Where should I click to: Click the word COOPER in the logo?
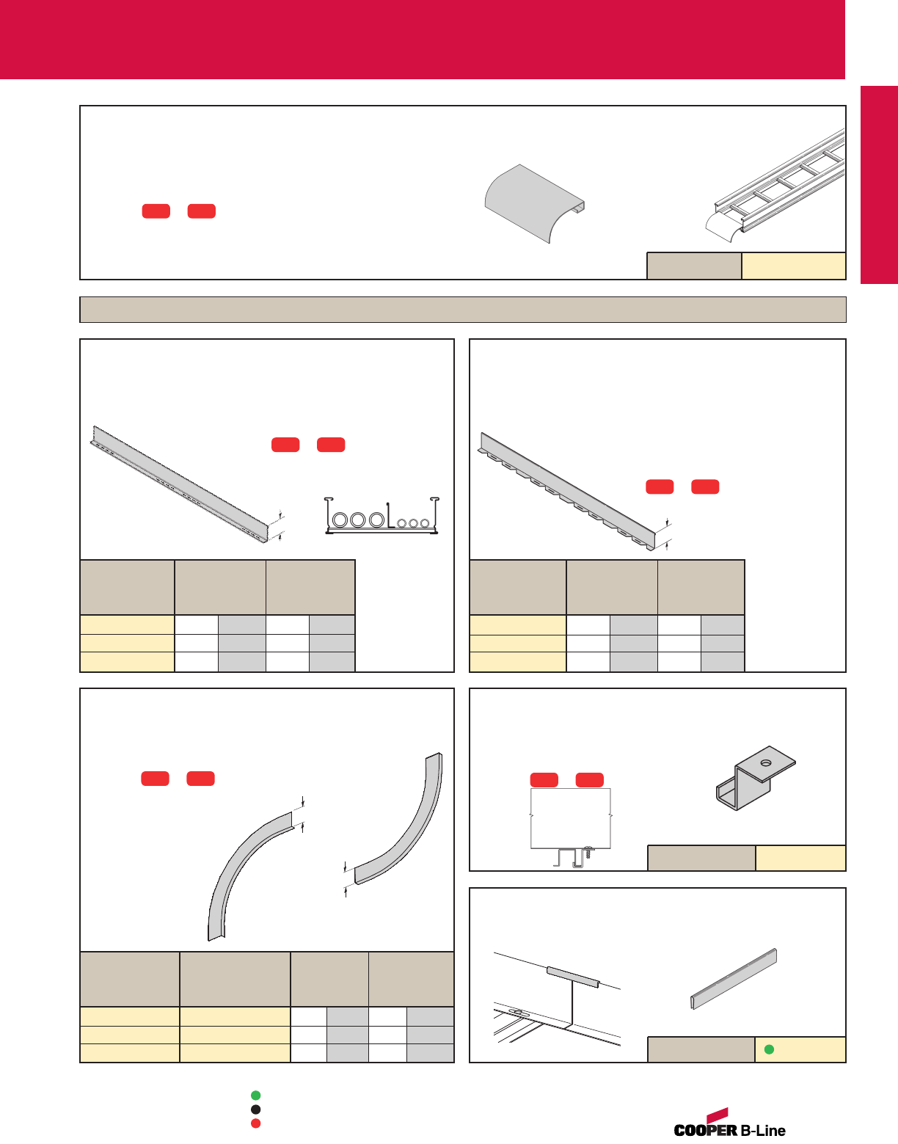click(x=705, y=1130)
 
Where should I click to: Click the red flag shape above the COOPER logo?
click(x=718, y=1115)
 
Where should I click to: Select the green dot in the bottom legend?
click(x=256, y=1096)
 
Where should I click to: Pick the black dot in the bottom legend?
click(x=256, y=1110)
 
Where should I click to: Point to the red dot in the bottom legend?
click(x=256, y=1123)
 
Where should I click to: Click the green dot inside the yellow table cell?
click(x=769, y=1049)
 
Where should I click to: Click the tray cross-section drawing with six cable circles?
click(x=382, y=515)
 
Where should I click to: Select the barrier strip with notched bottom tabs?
click(x=567, y=492)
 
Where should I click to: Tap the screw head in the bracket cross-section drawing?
click(x=588, y=850)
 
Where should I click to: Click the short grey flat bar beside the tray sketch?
click(x=734, y=979)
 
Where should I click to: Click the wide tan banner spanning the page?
click(x=463, y=310)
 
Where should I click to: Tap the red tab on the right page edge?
click(x=879, y=185)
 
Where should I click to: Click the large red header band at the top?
click(x=422, y=40)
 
